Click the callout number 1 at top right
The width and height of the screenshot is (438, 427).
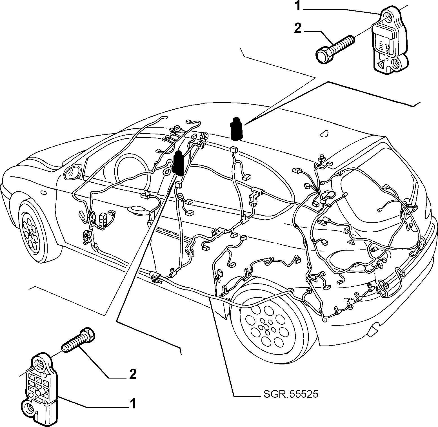tap(298, 6)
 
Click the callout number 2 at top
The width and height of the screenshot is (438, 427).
tap(298, 28)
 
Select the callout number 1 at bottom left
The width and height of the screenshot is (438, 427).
tap(133, 404)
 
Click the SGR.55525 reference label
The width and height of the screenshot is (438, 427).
tap(291, 394)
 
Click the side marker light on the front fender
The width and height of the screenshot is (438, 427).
tap(43, 193)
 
